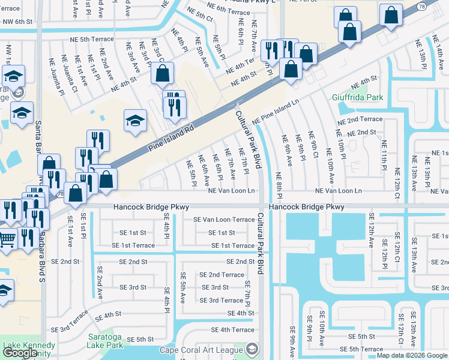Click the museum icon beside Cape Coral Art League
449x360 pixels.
point(253,349)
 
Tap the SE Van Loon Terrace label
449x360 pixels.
point(224,220)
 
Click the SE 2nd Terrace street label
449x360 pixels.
point(221,274)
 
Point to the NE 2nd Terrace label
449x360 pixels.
point(360,120)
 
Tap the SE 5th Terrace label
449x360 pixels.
point(361,349)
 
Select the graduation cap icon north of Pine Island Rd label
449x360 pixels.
point(136,120)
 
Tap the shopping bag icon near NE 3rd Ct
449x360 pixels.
point(162,74)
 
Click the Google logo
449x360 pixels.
point(20,353)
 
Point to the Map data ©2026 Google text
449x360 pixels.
point(411,355)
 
